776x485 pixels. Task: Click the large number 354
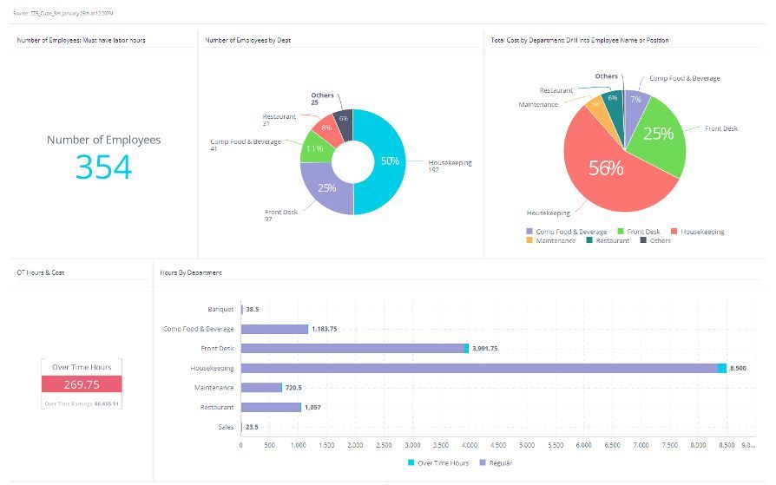point(103,167)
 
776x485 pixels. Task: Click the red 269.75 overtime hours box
point(82,384)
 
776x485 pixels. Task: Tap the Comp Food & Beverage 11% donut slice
point(312,148)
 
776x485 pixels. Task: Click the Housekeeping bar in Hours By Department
point(478,368)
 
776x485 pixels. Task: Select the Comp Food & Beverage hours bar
point(273,329)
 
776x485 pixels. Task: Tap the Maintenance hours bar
point(260,388)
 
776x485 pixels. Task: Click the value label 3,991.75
point(485,348)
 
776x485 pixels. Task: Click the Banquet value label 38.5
point(253,309)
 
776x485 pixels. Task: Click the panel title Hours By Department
point(190,272)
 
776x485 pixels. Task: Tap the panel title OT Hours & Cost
point(41,272)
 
